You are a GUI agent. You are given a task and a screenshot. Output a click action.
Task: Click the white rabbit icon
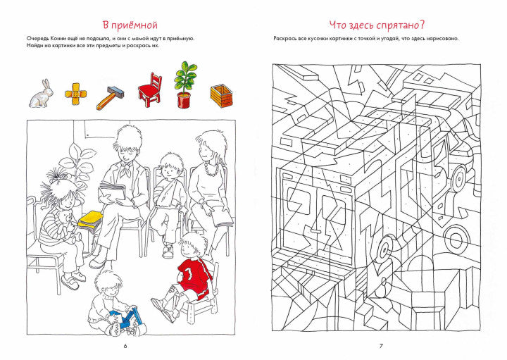tap(41, 93)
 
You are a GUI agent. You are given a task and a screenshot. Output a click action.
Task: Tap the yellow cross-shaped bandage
tap(75, 94)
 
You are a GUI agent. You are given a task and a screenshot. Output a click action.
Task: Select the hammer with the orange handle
tap(111, 97)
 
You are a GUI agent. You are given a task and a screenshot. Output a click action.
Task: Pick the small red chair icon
tap(150, 90)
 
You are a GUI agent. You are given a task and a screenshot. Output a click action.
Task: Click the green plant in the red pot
tap(185, 85)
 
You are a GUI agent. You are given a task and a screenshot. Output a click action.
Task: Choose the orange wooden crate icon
tap(222, 96)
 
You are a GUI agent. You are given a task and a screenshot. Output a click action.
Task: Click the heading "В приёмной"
tap(130, 25)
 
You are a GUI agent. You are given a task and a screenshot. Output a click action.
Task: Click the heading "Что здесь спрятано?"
tap(377, 25)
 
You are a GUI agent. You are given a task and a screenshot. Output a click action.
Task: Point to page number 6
tap(125, 346)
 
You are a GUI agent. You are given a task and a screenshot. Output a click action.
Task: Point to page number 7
tap(381, 346)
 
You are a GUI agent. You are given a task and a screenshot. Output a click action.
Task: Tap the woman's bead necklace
tap(211, 168)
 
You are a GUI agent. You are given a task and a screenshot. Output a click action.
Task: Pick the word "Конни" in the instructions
tap(58, 39)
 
